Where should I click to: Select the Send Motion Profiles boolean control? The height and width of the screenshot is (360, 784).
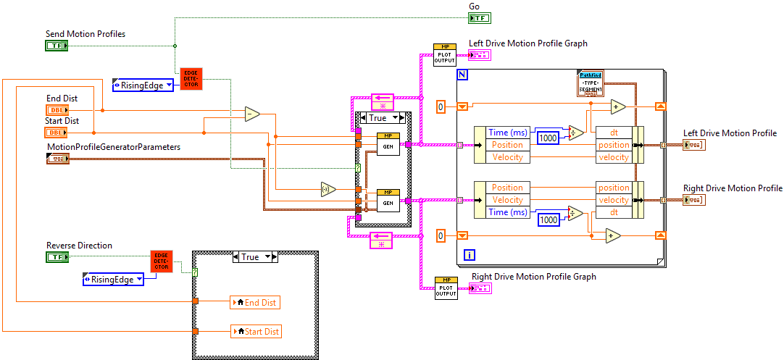point(56,46)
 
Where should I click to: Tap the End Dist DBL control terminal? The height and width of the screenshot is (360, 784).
point(56,110)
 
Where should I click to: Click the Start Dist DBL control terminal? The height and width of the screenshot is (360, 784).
point(56,133)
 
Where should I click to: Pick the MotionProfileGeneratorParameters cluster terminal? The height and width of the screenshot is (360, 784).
point(57,159)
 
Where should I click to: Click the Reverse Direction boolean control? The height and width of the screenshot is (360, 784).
point(56,257)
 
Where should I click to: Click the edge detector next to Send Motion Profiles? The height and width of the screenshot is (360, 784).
point(191,78)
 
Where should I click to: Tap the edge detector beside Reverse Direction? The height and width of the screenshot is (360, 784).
point(162,261)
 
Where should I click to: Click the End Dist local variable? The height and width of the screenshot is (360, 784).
point(254,302)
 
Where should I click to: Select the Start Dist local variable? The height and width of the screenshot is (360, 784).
point(254,331)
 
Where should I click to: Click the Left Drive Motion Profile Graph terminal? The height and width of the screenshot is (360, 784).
point(479,55)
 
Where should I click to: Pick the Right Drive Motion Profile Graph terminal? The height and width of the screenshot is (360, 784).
point(480,288)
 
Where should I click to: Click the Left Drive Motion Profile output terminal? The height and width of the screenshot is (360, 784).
point(693,145)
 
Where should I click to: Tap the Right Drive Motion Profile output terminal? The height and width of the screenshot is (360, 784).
point(693,199)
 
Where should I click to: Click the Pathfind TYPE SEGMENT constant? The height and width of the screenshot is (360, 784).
point(591,84)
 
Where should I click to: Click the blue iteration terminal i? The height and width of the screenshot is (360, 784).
point(469,254)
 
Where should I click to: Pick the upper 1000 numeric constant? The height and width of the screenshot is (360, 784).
point(549,138)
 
